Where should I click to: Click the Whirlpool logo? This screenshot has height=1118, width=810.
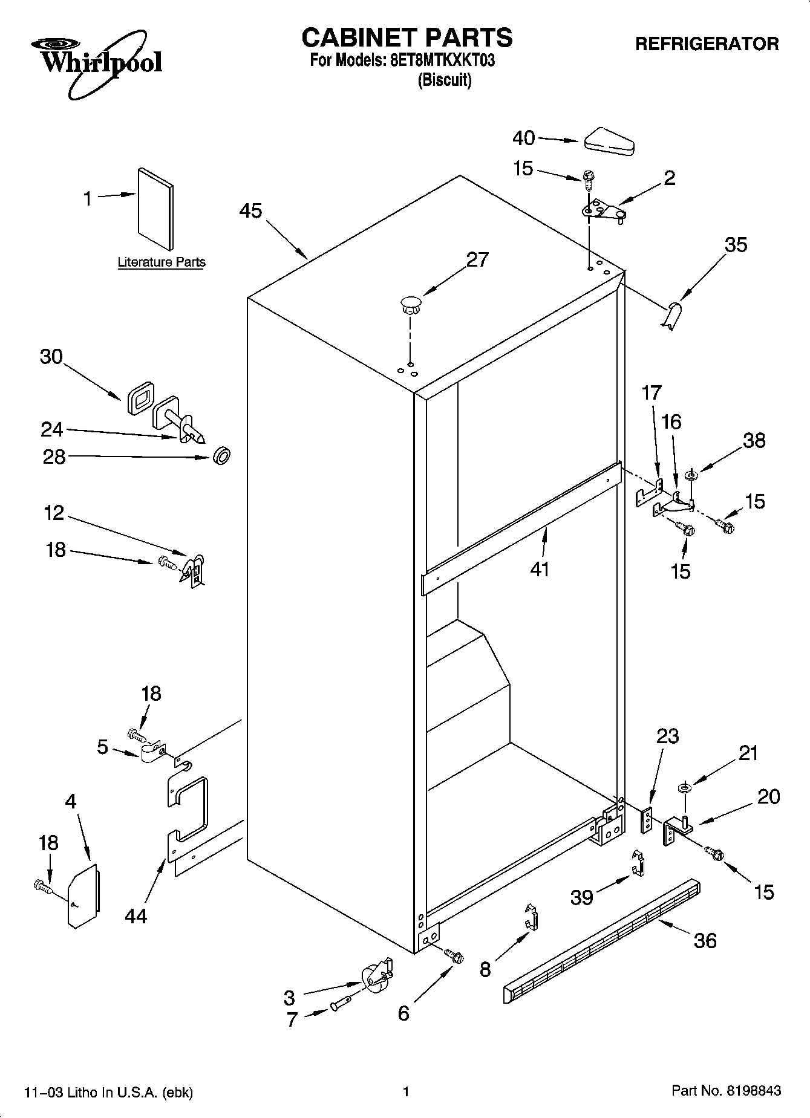[97, 62]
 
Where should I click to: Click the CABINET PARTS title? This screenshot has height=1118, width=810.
[407, 37]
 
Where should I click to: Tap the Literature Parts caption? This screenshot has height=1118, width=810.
[161, 262]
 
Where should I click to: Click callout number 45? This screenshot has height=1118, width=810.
[250, 211]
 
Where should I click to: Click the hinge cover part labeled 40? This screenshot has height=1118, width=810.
[608, 141]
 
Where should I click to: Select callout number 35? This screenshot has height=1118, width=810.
[736, 245]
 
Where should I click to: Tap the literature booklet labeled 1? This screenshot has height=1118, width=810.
[155, 209]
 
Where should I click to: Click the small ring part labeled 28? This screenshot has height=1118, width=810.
[221, 456]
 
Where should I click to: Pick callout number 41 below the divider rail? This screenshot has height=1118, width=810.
[540, 569]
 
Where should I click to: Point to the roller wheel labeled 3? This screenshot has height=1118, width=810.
[375, 977]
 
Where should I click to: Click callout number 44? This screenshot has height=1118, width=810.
[136, 917]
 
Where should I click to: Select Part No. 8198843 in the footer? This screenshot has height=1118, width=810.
[726, 1091]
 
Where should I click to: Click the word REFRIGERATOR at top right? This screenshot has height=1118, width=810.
[707, 44]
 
